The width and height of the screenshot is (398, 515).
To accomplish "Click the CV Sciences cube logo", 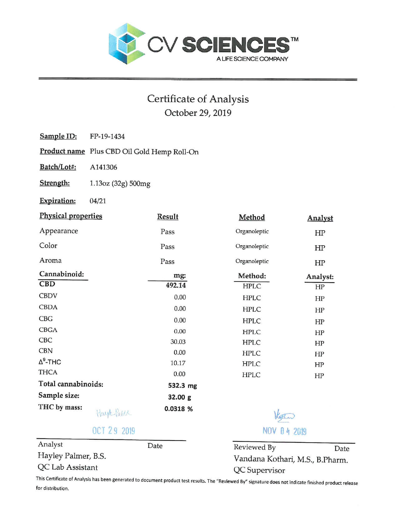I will coord(126,43).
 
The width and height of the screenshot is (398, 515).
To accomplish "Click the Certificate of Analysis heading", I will coord(198,99).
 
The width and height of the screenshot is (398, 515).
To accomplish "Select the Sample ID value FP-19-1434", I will coord(107,136).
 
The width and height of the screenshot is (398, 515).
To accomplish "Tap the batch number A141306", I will coord(103,167).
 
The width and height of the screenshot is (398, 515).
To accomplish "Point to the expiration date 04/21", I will coord(98,201).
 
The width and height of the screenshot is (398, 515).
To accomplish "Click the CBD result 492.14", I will coord(176,285).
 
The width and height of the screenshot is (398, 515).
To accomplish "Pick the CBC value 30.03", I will coord(178,342).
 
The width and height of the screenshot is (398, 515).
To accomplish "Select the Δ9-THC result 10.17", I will coord(178,363).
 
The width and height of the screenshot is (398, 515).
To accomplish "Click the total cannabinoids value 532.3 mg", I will coord(182,385).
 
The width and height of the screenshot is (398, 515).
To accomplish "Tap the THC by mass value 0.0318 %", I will coord(178,409).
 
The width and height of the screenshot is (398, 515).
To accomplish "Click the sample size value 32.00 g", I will coord(179,397).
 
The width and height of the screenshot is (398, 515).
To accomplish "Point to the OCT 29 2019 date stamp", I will coord(114,431).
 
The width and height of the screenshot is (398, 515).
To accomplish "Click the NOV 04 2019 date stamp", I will coord(284,431).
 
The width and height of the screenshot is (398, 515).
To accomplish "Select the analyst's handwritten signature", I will coord(114,413).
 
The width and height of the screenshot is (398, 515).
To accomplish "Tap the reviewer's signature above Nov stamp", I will coord(284,416).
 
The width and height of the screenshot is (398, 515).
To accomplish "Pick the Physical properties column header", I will coord(71,216).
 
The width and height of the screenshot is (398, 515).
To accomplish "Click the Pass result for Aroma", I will coord(167,262).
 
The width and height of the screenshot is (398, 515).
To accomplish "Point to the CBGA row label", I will coord(48,330).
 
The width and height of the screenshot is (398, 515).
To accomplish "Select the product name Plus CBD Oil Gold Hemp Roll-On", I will coord(144,152).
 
